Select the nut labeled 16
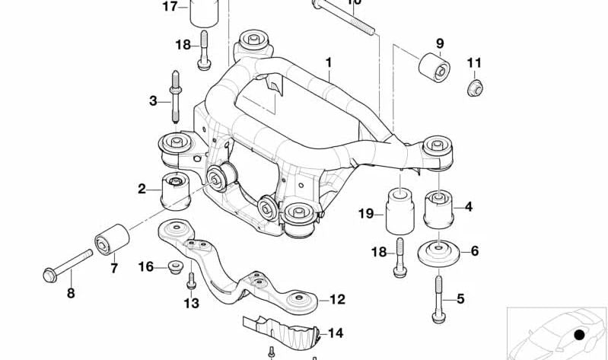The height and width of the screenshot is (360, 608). (x=174, y=267)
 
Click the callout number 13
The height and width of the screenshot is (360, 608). (x=191, y=304)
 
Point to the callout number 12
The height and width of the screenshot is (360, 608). (x=337, y=300)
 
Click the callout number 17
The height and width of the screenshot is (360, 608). (x=169, y=7)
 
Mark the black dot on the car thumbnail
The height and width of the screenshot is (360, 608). (x=579, y=334)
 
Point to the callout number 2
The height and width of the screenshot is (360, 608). (x=142, y=189)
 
